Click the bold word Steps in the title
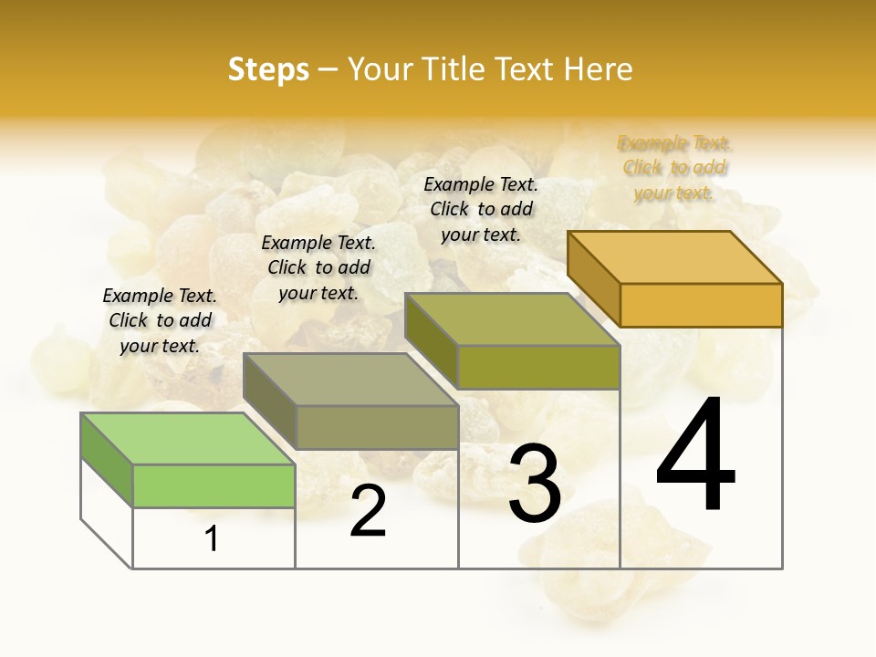click(268, 69)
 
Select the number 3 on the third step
click(535, 484)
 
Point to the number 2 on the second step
click(368, 511)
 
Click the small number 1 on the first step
click(212, 538)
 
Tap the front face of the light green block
click(214, 485)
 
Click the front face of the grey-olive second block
click(376, 427)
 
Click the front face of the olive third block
click(538, 367)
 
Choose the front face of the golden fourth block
click(701, 305)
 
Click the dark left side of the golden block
click(593, 278)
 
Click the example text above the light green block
click(160, 320)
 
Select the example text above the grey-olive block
click(318, 267)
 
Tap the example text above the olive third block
click(481, 209)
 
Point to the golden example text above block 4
click(674, 168)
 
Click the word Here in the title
click(599, 69)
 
